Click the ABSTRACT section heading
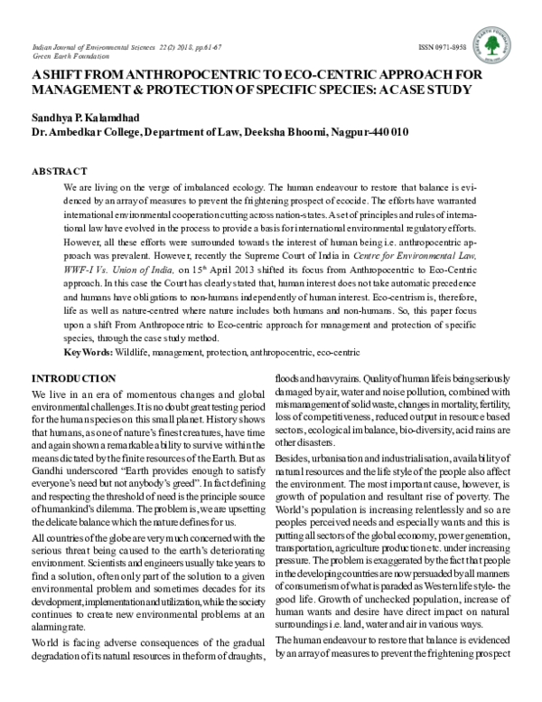click(x=60, y=171)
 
